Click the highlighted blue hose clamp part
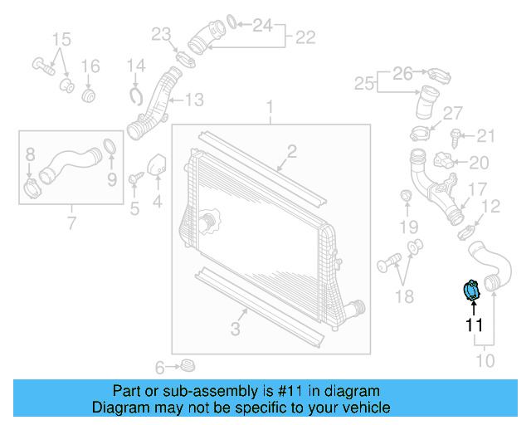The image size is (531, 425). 470,291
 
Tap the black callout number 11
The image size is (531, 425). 473,325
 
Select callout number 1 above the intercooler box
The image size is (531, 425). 270,107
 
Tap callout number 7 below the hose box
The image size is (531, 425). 71,222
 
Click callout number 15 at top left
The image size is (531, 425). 62,40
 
